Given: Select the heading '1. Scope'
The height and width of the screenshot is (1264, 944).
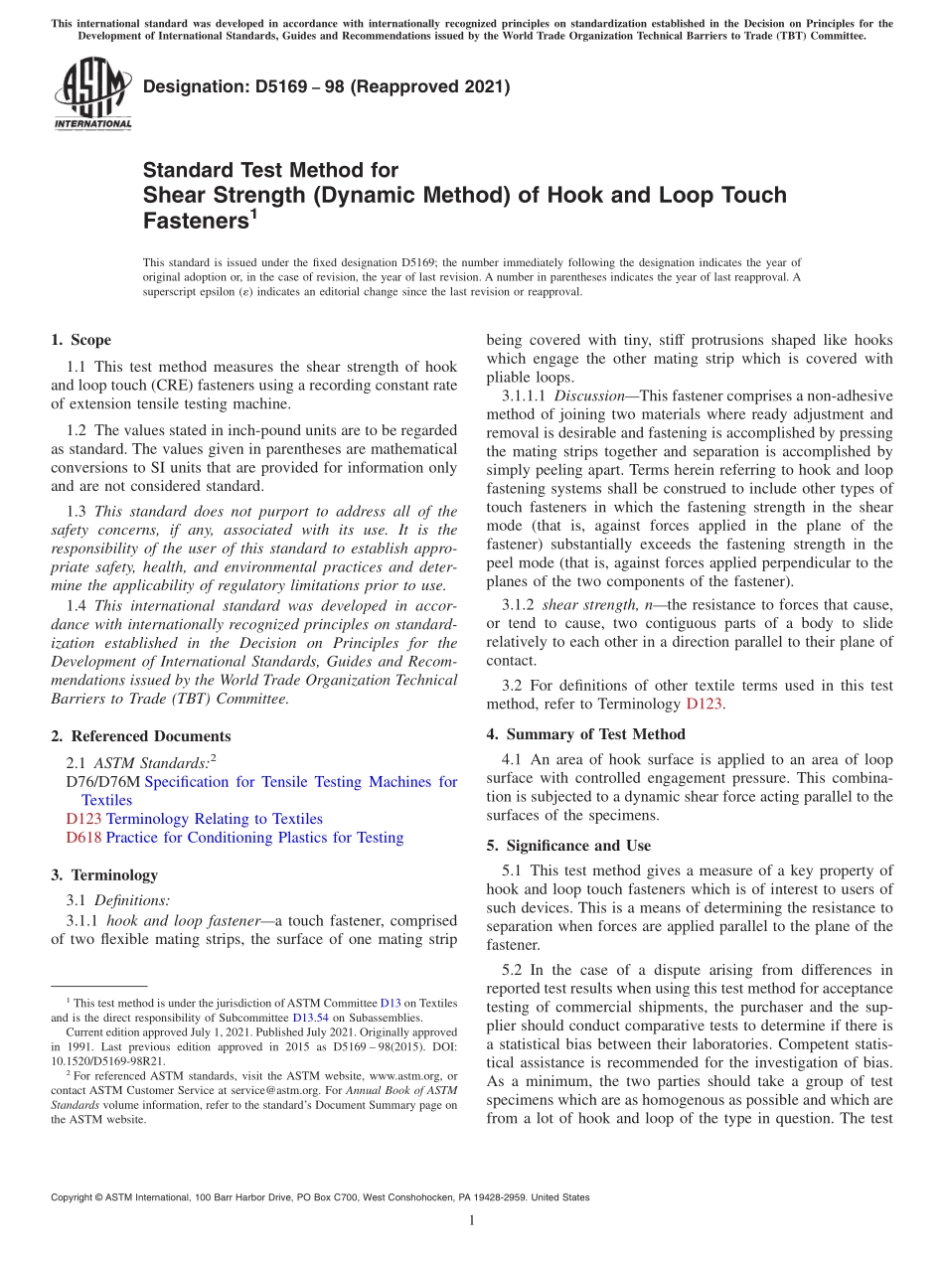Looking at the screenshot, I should pos(80,340).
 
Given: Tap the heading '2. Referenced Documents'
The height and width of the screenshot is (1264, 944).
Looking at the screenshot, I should pos(140,736).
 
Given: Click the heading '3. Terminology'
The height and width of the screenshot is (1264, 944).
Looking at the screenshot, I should pos(104,874).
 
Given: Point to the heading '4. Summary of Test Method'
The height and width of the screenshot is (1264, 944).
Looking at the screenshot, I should pos(585,734).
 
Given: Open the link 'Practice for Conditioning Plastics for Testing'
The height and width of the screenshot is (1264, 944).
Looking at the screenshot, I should pos(254,838).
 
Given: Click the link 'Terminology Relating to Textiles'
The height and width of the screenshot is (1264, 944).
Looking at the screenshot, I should pos(214,819).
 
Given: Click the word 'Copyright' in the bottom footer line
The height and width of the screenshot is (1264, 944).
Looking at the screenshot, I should pos(77,1197).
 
